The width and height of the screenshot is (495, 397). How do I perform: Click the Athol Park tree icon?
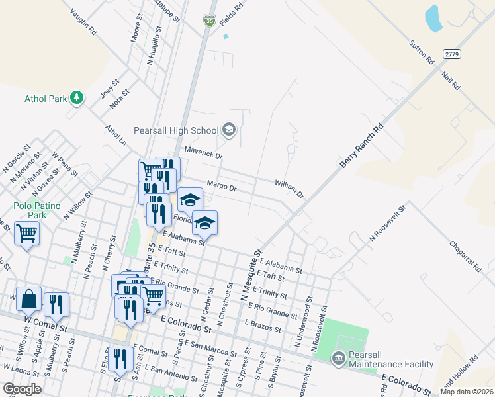pyautogui.click(x=77, y=98)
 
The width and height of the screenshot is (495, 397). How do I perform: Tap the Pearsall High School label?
pyautogui.click(x=175, y=130)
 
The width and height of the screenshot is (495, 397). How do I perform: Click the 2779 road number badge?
pyautogui.click(x=451, y=54)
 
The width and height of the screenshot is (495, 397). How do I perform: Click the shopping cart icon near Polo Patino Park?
pyautogui.click(x=26, y=233)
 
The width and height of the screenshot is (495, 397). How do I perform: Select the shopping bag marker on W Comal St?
pyautogui.click(x=29, y=299)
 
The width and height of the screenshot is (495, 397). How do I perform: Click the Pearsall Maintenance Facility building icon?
pyautogui.click(x=338, y=359)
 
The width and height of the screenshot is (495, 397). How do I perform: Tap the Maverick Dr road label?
pyautogui.click(x=204, y=154)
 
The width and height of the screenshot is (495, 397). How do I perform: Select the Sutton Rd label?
pyautogui.click(x=421, y=52)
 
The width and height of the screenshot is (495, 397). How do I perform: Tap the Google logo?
pyautogui.click(x=22, y=389)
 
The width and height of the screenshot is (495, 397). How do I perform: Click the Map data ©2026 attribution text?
pyautogui.click(x=467, y=392)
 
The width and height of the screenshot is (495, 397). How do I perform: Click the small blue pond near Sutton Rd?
pyautogui.click(x=433, y=18)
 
